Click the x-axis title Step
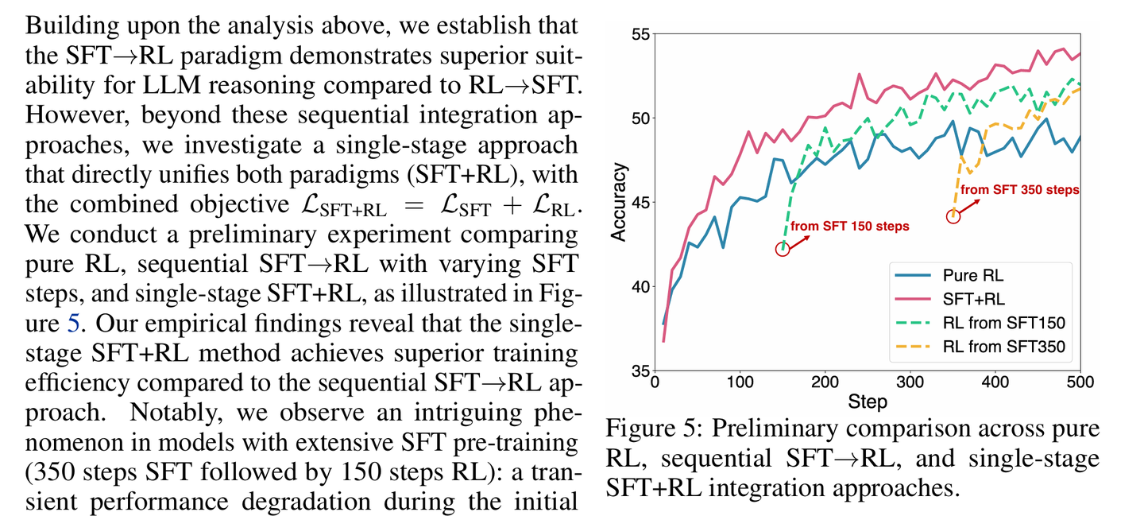pos(867,402)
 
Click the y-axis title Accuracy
pos(619,203)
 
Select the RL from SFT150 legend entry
pos(1003,323)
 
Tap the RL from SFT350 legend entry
pos(1003,347)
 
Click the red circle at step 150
pos(783,249)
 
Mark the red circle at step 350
pos(953,216)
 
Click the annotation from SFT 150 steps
pos(849,227)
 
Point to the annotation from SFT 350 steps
pos(1019,191)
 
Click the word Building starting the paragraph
pos(65,25)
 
